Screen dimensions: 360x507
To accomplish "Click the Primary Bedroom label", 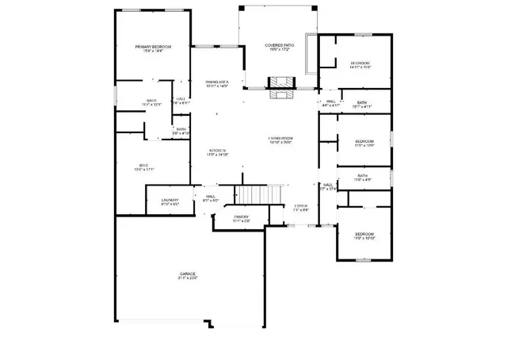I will point(153,48).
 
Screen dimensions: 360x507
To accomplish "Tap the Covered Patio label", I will point(279,46).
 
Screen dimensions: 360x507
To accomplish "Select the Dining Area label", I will point(216,82).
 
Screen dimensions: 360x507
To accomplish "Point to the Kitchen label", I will point(218,151).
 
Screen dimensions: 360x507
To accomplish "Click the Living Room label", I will point(281,139).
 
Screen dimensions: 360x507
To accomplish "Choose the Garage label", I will point(187,274).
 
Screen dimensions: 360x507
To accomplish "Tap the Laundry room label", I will point(170,200).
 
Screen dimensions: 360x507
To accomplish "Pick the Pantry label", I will point(242,216).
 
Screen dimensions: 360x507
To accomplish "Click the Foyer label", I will point(301,205).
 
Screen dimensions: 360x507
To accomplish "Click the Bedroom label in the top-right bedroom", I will point(360,63).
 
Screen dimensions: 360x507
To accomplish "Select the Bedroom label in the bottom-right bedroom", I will point(364,234).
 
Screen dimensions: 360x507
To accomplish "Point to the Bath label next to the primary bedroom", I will point(151,101).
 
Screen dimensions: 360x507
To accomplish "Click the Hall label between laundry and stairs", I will point(212,197).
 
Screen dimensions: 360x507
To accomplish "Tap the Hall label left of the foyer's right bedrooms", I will point(327,185).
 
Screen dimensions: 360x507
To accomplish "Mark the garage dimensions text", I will point(187,278).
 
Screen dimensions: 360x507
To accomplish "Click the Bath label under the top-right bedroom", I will point(361,102).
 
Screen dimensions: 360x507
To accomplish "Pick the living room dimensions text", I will point(281,144).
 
